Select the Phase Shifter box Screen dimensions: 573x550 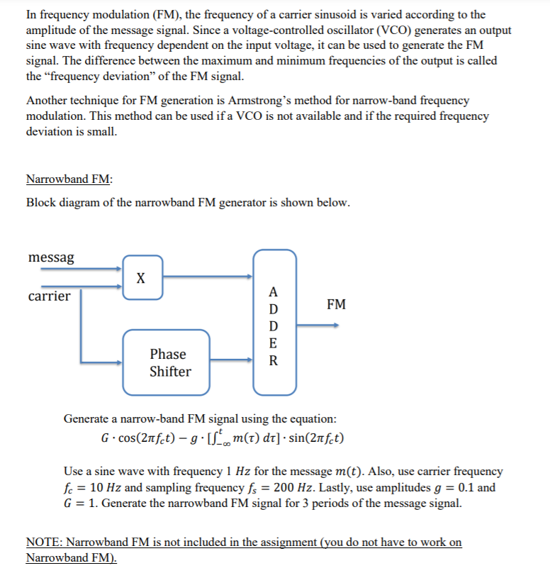point(169,362)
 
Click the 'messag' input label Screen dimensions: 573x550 point(51,258)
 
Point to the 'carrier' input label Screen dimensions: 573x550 point(49,296)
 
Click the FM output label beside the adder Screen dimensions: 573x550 point(337,305)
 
